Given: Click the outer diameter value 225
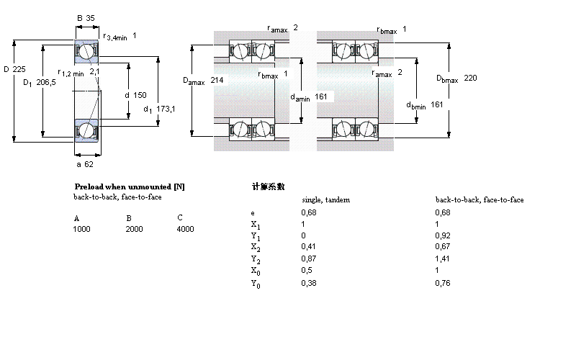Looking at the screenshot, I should (20, 69).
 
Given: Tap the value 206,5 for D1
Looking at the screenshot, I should (46, 83).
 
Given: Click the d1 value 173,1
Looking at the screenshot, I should (166, 109).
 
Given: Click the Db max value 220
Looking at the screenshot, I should (471, 78).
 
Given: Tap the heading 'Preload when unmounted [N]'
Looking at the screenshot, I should (130, 186).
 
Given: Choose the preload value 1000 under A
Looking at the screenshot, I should (82, 229).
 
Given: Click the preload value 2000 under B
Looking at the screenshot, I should (135, 229).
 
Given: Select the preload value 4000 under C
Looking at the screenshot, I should (185, 229).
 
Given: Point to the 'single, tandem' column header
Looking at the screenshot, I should (325, 199).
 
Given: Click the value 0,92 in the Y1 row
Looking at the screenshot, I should (443, 235).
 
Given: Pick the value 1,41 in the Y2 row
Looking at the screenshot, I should (443, 258).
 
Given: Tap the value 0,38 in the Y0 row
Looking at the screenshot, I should (308, 283).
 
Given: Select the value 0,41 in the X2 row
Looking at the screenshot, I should (308, 247).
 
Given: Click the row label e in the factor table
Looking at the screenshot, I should (252, 212).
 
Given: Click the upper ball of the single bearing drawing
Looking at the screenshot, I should (86, 52).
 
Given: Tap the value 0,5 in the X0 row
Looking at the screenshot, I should (306, 271).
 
